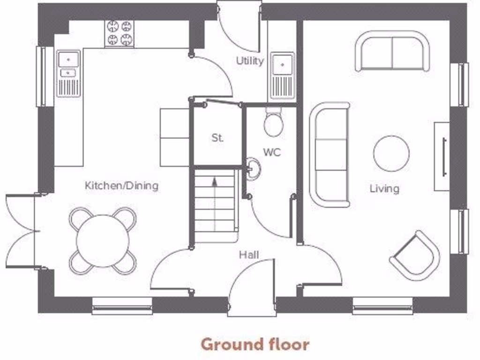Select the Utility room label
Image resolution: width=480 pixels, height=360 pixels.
pos(249,60)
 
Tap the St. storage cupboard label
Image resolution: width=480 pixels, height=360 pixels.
pos(217,138)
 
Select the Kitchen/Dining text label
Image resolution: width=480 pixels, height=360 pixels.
pos(121,186)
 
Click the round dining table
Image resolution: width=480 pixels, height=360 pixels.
pos(103,241)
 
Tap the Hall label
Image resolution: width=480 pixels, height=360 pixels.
pos(249,255)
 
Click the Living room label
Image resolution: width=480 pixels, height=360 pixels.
pos(384,188)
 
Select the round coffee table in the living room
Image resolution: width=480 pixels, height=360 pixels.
pos(391,153)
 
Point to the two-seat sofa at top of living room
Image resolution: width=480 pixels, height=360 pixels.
pos(392,51)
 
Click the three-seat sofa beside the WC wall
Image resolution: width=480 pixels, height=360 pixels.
pos(330,154)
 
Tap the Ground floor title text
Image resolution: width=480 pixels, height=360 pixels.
pos(255,345)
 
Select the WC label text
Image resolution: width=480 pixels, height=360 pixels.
pos(271,152)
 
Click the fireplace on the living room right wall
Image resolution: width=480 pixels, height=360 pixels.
pos(442,156)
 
